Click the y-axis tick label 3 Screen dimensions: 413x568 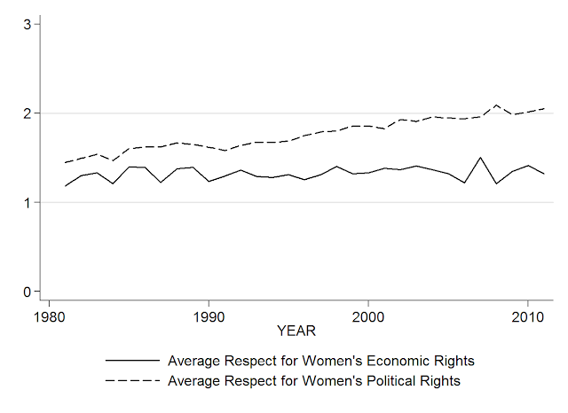pyautogui.click(x=28, y=25)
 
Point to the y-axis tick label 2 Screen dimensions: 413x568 pyautogui.click(x=28, y=113)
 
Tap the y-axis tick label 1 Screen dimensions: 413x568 pyautogui.click(x=28, y=203)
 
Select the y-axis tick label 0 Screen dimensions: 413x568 pyautogui.click(x=28, y=292)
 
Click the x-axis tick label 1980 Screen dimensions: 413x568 pyautogui.click(x=49, y=316)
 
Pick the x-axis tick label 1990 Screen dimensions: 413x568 pyautogui.click(x=208, y=316)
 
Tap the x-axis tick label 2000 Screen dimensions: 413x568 pyautogui.click(x=367, y=316)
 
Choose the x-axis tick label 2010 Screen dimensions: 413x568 pyautogui.click(x=526, y=316)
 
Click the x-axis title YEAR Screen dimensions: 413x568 pyautogui.click(x=296, y=331)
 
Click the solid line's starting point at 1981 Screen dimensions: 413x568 pyautogui.click(x=65, y=186)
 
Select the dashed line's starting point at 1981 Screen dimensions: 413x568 pyautogui.click(x=65, y=163)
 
